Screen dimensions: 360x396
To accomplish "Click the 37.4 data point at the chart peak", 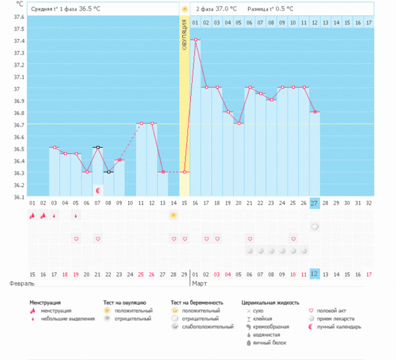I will (x=196, y=40).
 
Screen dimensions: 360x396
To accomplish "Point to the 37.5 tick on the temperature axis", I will (x=18, y=29).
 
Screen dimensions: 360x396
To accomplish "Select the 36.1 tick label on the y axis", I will (x=18, y=196).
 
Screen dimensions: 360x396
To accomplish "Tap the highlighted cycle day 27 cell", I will (x=315, y=203).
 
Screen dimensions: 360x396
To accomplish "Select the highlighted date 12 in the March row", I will (x=315, y=273).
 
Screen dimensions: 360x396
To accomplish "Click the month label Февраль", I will (x=21, y=283).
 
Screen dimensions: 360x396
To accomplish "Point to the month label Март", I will (x=200, y=283).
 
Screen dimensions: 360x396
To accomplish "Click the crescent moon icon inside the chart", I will (x=98, y=190).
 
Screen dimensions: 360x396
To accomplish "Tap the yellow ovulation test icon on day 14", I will (x=174, y=215).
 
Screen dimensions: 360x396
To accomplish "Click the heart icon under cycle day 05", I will (x=76, y=238).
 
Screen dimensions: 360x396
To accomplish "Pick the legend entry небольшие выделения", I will (x=61, y=318).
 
